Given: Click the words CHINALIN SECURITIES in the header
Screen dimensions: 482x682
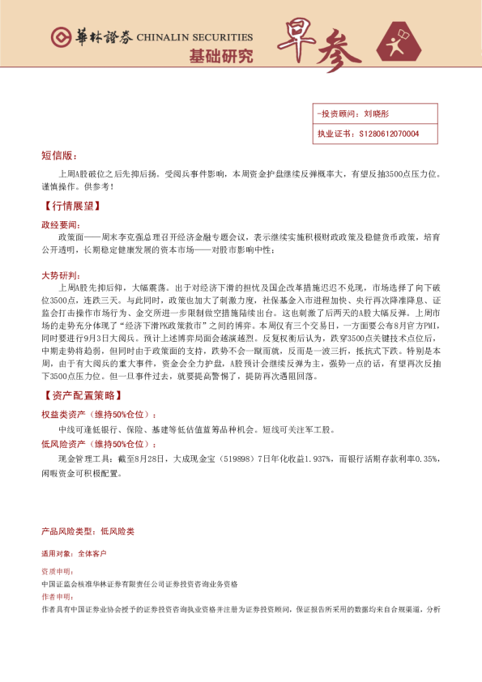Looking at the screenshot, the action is pyautogui.click(x=194, y=37).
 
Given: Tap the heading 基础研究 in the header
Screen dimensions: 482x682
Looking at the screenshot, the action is pyautogui.click(x=220, y=56).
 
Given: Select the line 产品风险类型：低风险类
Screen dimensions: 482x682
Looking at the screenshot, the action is pyautogui.click(x=87, y=531).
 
